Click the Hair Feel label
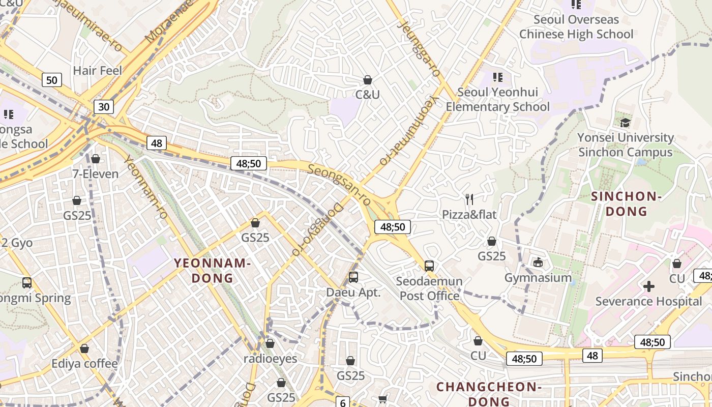pyautogui.click(x=98, y=70)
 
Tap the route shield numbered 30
pyautogui.click(x=104, y=106)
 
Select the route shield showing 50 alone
pyautogui.click(x=51, y=80)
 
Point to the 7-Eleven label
pyautogui.click(x=95, y=173)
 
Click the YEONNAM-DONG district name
pyautogui.click(x=213, y=271)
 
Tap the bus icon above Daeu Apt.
pyautogui.click(x=353, y=277)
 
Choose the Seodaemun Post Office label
pyautogui.click(x=429, y=288)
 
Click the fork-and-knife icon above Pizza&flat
pyautogui.click(x=469, y=199)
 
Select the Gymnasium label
pyautogui.click(x=538, y=278)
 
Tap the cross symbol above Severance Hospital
pyautogui.click(x=649, y=286)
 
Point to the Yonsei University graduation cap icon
pyautogui.click(x=625, y=123)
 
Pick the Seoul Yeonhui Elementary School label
pyautogui.click(x=498, y=99)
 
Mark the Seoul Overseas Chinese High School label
pyautogui.click(x=576, y=27)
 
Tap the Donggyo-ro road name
pyautogui.click(x=317, y=229)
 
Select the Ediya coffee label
pyautogui.click(x=84, y=364)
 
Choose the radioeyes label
pyautogui.click(x=270, y=358)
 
